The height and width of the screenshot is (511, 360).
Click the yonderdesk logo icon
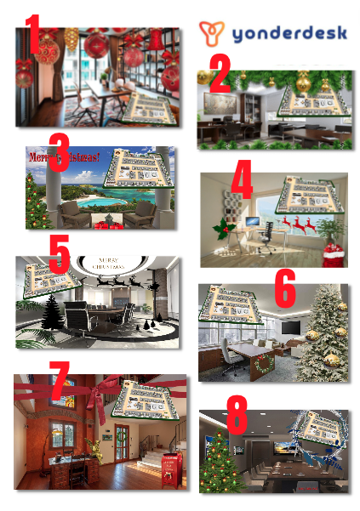pyautogui.click(x=211, y=33)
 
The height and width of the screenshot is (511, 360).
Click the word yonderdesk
pyautogui.click(x=287, y=34)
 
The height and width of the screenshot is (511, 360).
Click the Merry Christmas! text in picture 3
pyautogui.click(x=64, y=157)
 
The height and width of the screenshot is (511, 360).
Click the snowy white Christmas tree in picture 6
pyautogui.click(x=323, y=327)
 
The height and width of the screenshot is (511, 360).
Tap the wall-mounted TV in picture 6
pyautogui.click(x=290, y=326)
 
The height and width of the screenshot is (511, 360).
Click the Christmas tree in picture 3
pyautogui.click(x=36, y=203)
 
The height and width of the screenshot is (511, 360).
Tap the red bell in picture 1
pyautogui.click(x=156, y=39)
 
